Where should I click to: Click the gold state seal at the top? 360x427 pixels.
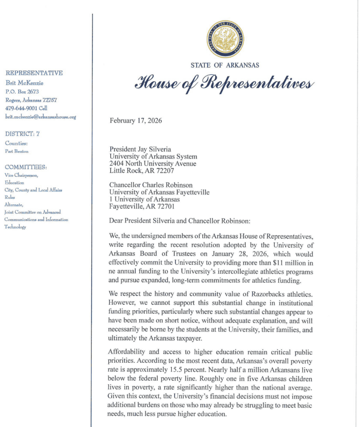(x=225, y=39)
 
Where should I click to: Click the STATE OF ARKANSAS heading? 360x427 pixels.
(x=225, y=65)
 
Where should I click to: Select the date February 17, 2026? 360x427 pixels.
(x=136, y=121)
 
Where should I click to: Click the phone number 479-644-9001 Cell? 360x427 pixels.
(x=26, y=108)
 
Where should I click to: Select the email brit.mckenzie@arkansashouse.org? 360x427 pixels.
(x=40, y=117)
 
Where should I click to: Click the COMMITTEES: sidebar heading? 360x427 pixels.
(x=26, y=167)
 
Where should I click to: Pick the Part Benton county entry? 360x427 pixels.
(x=17, y=151)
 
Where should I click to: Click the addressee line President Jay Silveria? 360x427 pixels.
(x=140, y=149)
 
